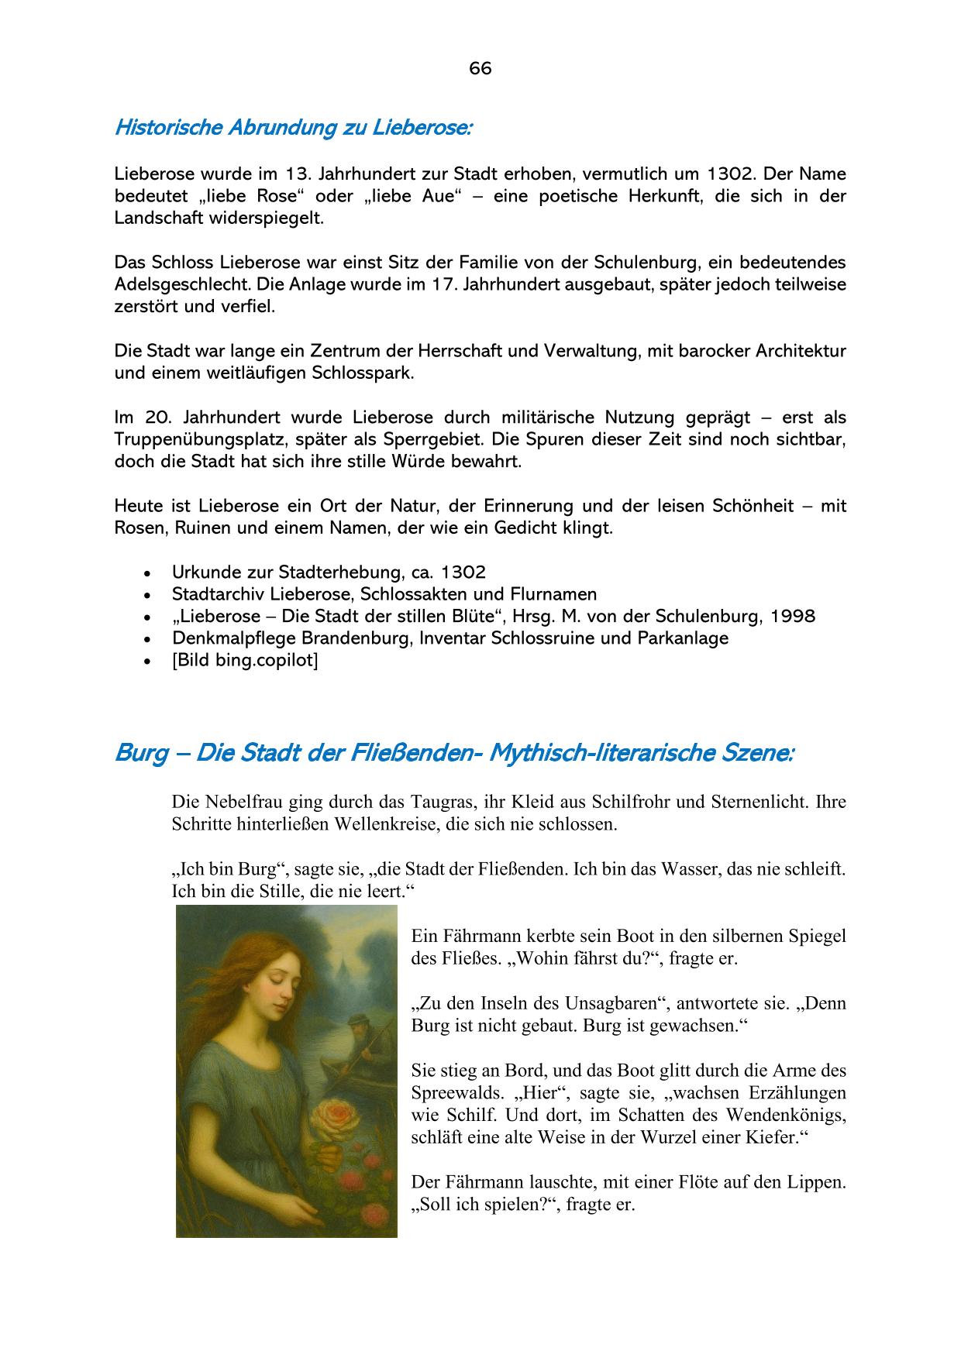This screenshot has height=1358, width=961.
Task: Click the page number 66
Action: tap(480, 69)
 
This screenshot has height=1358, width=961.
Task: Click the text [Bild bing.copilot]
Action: tap(245, 661)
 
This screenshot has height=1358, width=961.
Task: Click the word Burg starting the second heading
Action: tap(142, 753)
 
